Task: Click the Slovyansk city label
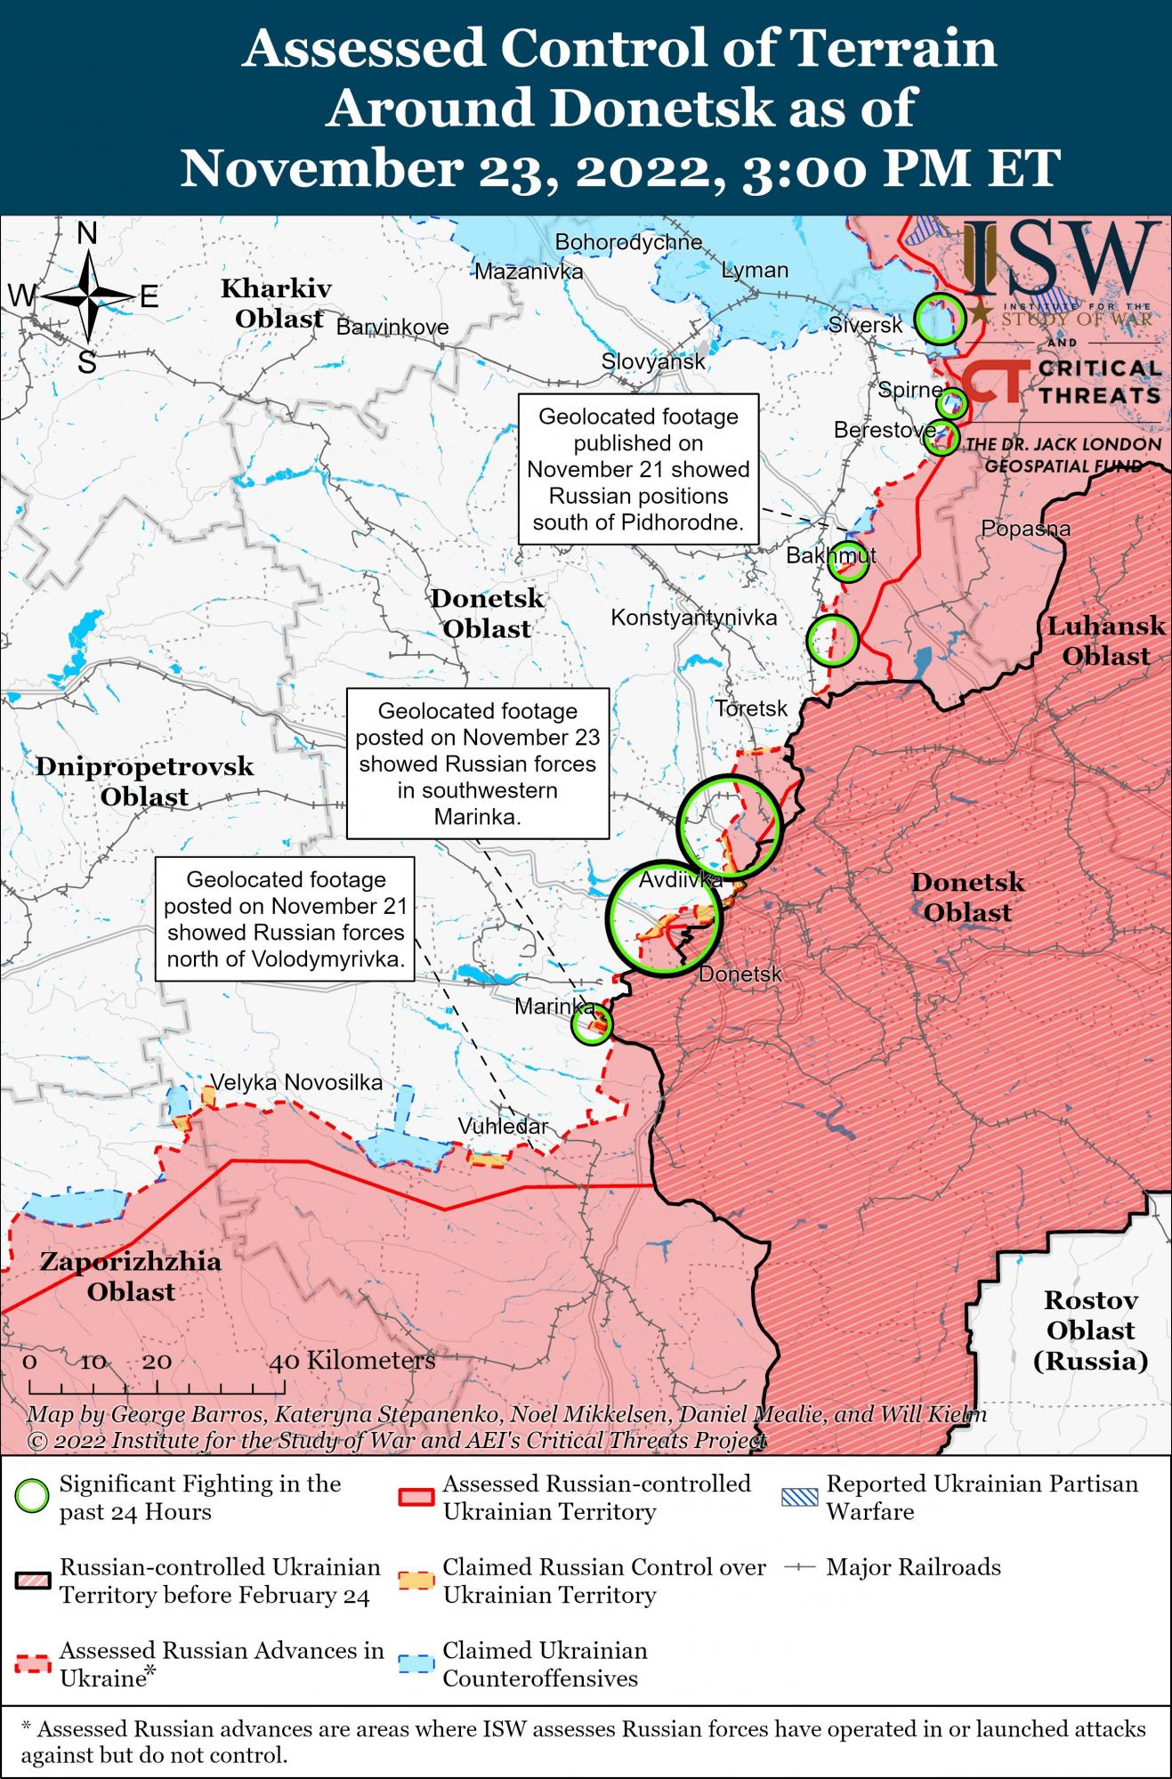point(653,361)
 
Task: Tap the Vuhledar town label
point(503,1126)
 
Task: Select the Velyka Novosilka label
point(296,1082)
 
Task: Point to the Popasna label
point(1025,529)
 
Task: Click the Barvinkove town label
point(392,327)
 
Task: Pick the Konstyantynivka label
point(693,617)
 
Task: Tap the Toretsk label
point(752,708)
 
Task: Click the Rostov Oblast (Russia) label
point(1090,1330)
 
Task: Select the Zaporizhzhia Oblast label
point(131,1276)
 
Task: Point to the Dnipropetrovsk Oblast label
point(144,780)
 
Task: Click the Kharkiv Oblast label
point(278,303)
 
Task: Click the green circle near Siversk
point(940,319)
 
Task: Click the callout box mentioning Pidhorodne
point(638,469)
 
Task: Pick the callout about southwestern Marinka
point(477,763)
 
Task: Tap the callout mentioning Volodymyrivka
point(286,919)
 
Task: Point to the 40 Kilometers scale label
point(353,1360)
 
